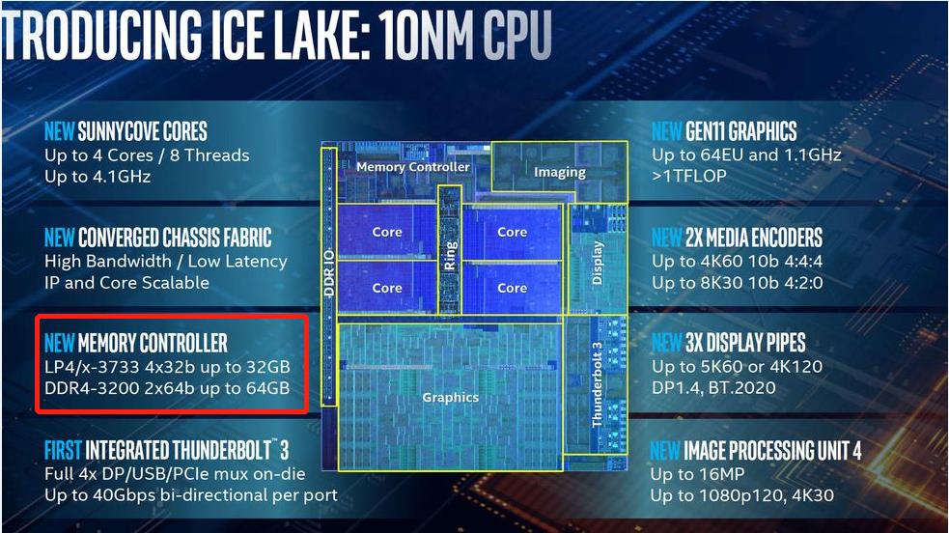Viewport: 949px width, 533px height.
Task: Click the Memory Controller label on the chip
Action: (412, 167)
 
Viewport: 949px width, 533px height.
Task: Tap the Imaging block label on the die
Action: (560, 172)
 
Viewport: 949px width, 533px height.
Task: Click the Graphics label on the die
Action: (450, 397)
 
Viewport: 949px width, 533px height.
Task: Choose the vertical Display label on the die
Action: (597, 262)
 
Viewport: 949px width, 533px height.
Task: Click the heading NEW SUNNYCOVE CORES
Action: (126, 131)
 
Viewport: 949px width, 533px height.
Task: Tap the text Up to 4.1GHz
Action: (98, 177)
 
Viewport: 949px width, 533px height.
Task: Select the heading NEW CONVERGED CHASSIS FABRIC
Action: (158, 238)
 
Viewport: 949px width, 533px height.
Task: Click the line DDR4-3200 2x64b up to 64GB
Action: (167, 388)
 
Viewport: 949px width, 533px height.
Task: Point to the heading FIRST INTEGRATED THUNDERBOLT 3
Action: (167, 450)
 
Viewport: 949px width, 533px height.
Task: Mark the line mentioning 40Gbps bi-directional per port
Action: (191, 495)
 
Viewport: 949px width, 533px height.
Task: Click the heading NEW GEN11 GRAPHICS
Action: (724, 131)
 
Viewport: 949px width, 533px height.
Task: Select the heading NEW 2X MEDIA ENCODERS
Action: (737, 238)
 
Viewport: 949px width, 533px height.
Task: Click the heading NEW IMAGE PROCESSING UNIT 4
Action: (756, 450)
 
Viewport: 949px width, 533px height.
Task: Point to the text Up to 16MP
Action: (700, 474)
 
